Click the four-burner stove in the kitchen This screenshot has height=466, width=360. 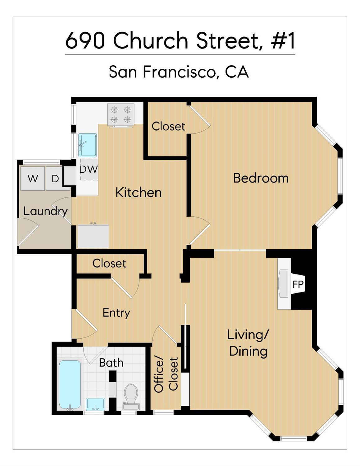(121, 114)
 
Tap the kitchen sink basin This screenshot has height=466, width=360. (87, 145)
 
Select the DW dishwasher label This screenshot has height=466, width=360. (88, 169)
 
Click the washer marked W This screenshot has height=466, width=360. (32, 178)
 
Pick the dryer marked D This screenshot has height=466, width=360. (55, 178)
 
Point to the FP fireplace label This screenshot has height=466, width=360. (298, 284)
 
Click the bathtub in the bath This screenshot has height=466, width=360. (70, 384)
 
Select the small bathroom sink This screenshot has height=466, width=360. (95, 404)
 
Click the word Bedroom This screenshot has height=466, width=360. (261, 178)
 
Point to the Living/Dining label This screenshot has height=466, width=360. (248, 343)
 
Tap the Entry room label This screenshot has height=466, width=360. (116, 313)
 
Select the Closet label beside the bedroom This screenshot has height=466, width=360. (168, 126)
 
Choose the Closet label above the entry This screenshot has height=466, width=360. (109, 263)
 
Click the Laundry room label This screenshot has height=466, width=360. (45, 211)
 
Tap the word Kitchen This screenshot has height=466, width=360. (138, 192)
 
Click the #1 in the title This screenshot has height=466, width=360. (283, 41)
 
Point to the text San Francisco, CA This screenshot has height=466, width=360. (179, 72)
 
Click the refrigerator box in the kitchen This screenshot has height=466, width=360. (93, 236)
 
